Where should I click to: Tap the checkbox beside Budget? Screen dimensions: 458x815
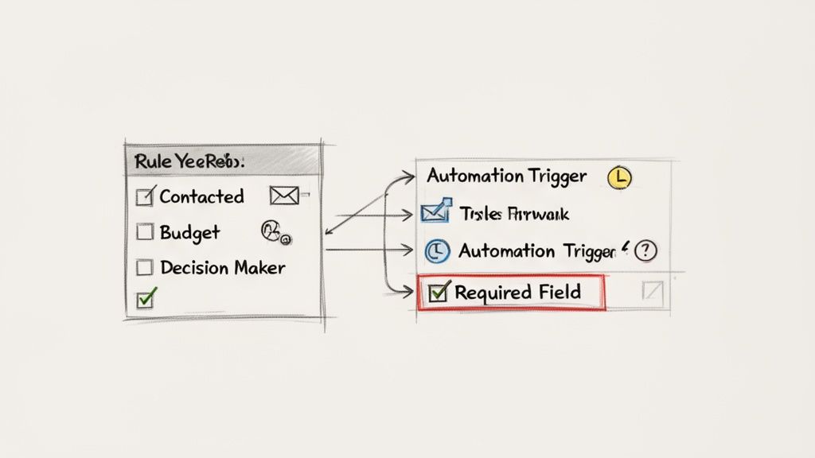point(145,232)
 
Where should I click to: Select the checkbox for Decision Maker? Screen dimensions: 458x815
point(145,267)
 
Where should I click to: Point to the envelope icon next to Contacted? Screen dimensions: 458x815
point(284,196)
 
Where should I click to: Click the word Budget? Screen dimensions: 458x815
point(189,232)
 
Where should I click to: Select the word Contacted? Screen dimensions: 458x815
point(201,196)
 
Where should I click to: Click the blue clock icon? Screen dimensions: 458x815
point(435,251)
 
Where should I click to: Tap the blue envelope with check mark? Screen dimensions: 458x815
point(431,213)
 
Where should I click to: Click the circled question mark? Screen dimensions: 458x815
point(647,250)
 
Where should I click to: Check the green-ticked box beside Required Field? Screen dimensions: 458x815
point(439,293)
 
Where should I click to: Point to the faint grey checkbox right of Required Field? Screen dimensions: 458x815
point(652,293)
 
